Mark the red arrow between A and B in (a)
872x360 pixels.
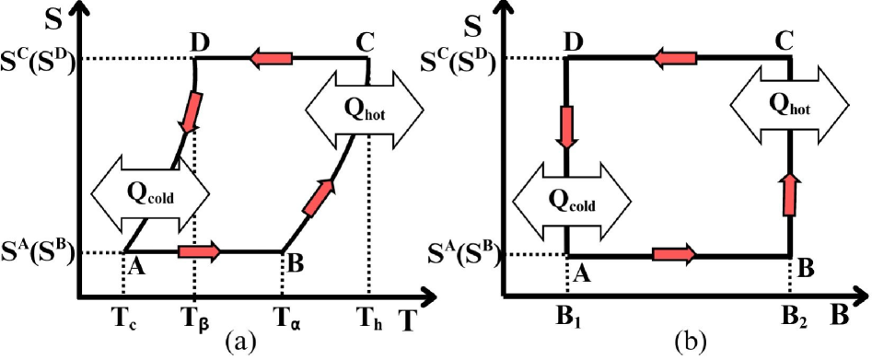coord(199,250)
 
